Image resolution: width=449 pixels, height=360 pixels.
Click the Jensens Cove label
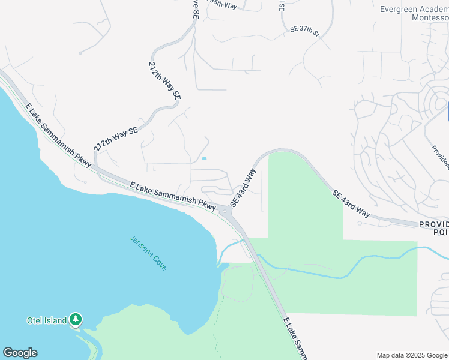[x=148, y=253]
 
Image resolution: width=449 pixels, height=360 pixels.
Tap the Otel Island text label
[x=46, y=320]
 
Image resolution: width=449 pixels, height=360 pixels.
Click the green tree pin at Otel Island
[x=75, y=320]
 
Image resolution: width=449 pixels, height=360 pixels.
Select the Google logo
[x=20, y=353]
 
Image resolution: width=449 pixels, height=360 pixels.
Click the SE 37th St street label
[x=305, y=29]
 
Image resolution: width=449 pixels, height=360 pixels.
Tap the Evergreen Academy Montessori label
[x=414, y=13]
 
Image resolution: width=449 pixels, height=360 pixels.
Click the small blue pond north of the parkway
[x=205, y=158]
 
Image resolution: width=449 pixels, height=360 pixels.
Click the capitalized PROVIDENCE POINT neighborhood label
[x=433, y=228]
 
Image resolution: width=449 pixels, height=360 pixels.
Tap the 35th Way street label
[x=223, y=5]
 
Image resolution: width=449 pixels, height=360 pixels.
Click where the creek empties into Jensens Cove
[x=224, y=265]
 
